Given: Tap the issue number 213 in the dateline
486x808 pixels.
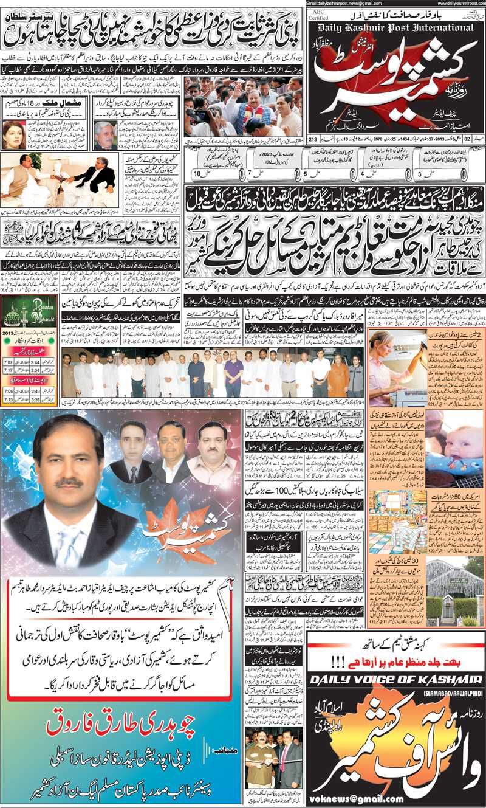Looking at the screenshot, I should [313, 139].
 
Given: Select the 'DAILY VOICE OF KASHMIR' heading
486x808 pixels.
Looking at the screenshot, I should [396, 679].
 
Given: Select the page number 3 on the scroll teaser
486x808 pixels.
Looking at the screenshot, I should [420, 174].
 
